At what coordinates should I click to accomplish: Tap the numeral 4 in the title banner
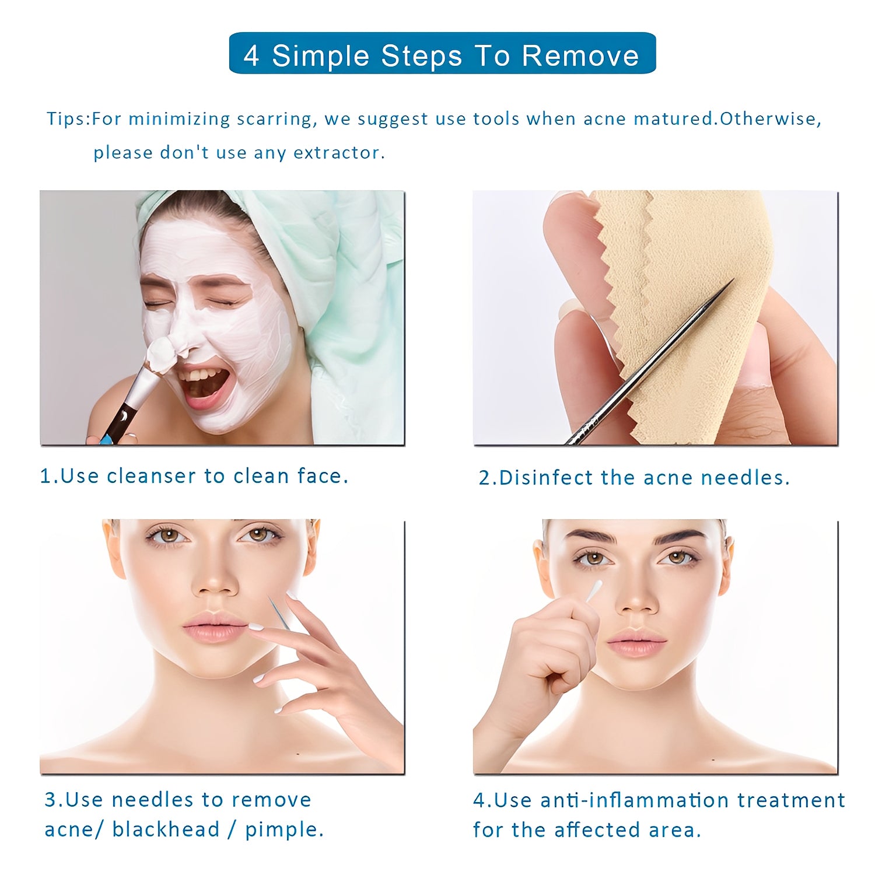[x=251, y=56]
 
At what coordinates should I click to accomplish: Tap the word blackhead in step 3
[x=166, y=829]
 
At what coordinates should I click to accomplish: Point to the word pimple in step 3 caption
[x=283, y=829]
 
